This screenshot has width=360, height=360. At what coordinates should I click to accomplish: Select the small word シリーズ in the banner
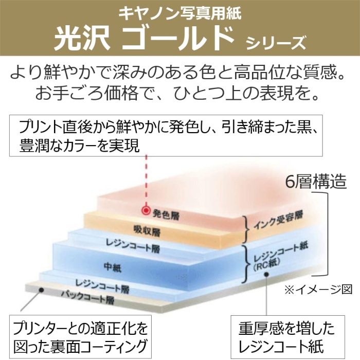pos(276,43)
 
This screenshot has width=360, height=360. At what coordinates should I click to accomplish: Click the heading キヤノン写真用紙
pos(180,13)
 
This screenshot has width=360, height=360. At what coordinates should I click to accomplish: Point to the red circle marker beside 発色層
pos(146,210)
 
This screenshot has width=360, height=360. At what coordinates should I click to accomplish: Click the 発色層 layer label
pos(166,215)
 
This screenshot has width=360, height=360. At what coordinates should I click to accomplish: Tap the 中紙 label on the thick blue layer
pos(113,267)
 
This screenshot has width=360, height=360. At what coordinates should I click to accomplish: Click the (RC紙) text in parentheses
pos(266,265)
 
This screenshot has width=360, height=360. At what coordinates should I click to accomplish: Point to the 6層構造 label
pos(316,182)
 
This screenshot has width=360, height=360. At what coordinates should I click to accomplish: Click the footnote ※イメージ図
pos(318,290)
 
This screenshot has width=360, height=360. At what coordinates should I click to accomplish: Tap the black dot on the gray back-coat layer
pos(41,290)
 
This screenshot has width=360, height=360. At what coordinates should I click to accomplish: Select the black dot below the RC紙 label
pos(266,274)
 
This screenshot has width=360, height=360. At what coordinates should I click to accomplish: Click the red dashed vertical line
pos(146,181)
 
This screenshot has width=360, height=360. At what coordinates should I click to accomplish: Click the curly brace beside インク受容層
pos(246,229)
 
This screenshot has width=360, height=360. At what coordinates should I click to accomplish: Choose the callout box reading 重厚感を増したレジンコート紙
pos(287,337)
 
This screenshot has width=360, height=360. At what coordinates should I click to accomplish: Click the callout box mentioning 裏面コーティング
pos(80,336)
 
